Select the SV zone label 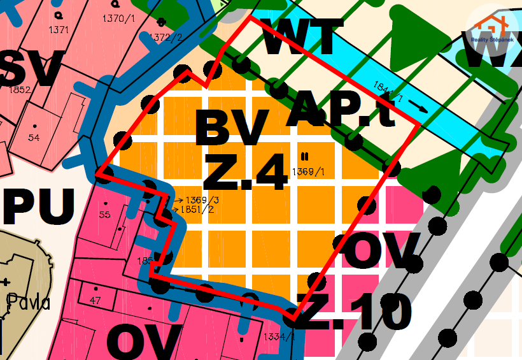(32, 68)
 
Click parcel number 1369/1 (308, 172)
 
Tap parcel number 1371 (59, 29)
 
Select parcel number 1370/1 (118, 18)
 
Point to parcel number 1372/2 (166, 38)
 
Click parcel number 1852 (20, 90)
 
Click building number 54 (34, 138)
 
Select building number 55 (105, 215)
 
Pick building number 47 (95, 299)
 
